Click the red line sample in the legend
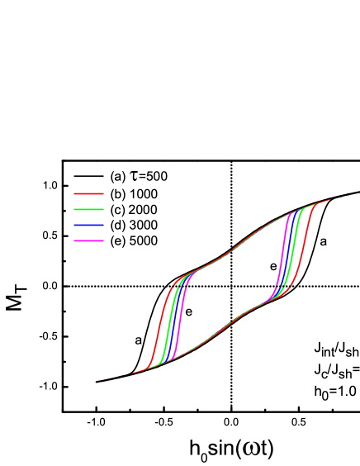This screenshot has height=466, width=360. tap(88, 193)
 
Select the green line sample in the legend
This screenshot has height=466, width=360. tap(88, 209)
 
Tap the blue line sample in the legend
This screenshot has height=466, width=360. tap(88, 225)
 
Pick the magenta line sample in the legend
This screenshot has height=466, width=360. tap(88, 240)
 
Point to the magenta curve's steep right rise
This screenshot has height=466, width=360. tap(284, 248)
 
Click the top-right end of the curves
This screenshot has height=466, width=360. tap(357, 193)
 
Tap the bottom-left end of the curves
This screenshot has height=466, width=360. tap(97, 382)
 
